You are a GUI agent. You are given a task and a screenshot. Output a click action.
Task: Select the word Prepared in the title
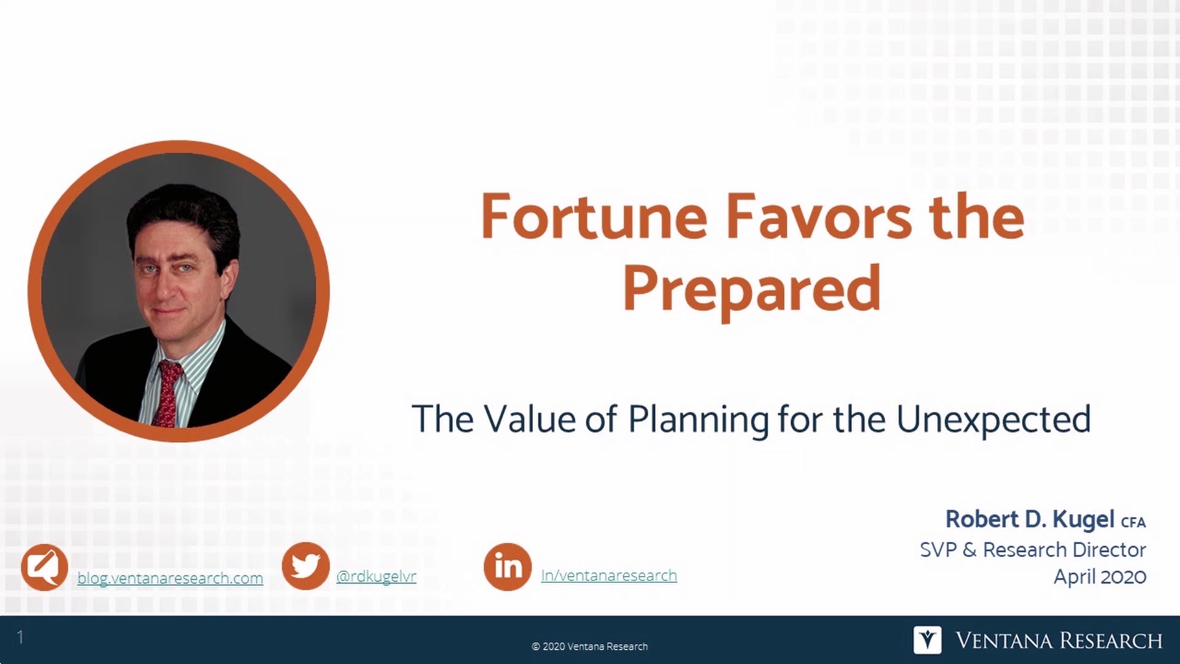[x=752, y=289]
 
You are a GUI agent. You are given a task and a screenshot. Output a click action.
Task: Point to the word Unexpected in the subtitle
[x=993, y=419]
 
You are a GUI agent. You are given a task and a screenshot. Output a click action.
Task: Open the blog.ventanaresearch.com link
[x=170, y=578]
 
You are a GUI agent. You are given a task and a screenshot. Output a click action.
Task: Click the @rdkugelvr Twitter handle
[x=376, y=576]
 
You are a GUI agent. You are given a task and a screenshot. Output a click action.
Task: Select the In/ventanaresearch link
[x=608, y=575]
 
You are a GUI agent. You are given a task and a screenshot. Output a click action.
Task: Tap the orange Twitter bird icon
[x=305, y=566]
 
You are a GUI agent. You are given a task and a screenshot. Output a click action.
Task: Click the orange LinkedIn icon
[x=507, y=566]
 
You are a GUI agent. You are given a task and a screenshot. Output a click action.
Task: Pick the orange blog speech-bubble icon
[x=44, y=567]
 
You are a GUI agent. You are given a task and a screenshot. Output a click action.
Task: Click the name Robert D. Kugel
[x=1029, y=520]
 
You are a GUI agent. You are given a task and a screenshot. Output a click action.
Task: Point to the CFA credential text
[x=1133, y=523]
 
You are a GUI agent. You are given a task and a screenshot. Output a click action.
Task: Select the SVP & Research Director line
[x=1032, y=549]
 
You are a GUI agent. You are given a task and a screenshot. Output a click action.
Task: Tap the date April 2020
[x=1099, y=577]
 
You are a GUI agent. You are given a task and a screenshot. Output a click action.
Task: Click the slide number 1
[x=20, y=637]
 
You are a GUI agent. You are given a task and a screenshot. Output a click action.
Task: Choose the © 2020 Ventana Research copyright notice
[x=589, y=646]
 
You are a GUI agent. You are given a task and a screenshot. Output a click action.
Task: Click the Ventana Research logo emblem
[x=927, y=640]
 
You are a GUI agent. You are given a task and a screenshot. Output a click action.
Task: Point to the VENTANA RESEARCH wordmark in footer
[x=1058, y=641]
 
